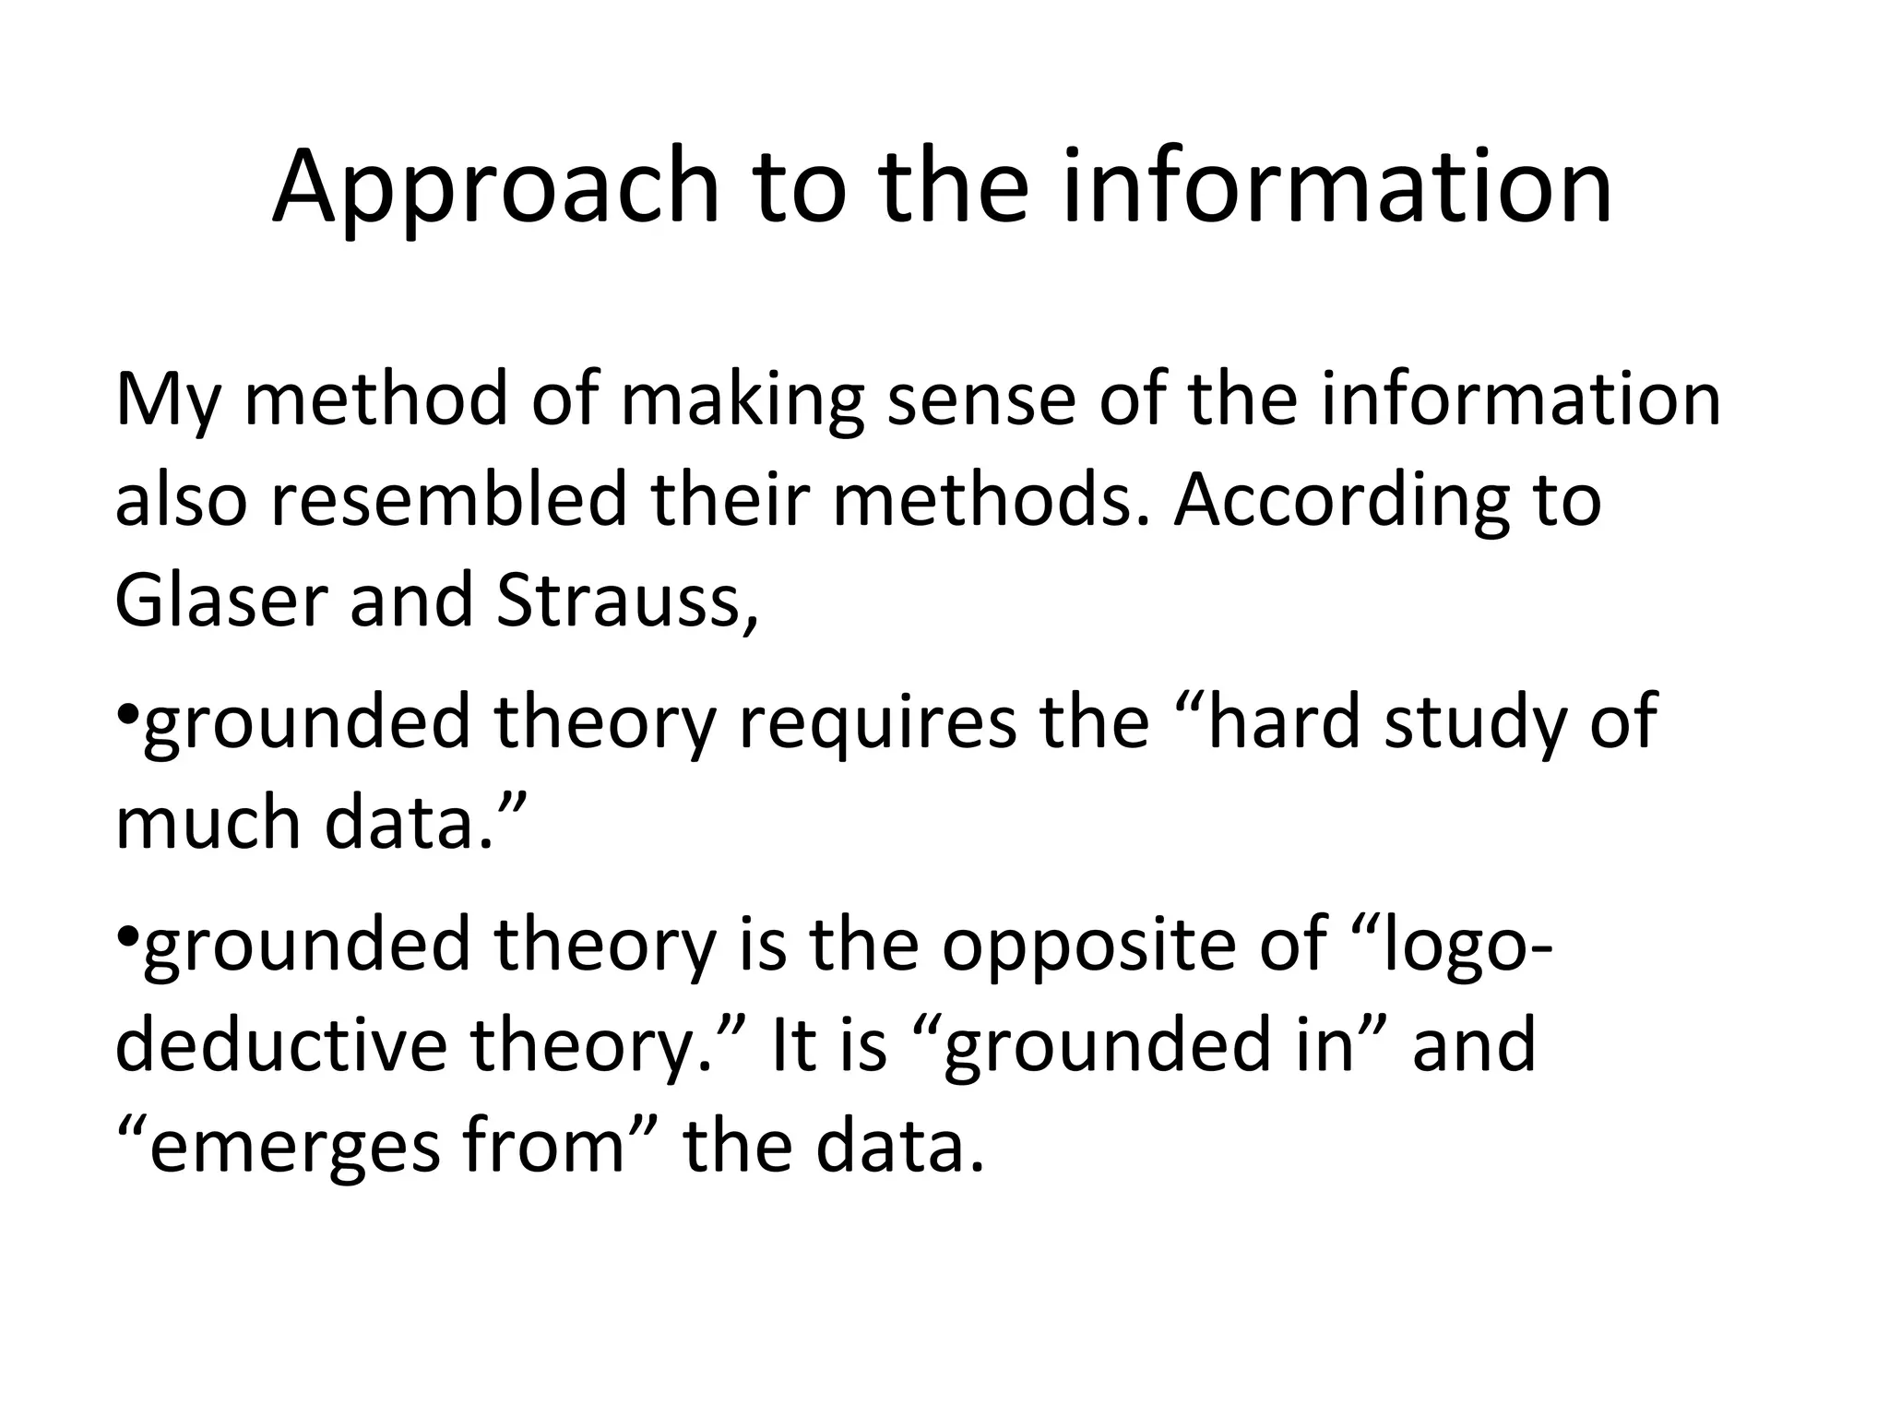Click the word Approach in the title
click(x=495, y=188)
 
